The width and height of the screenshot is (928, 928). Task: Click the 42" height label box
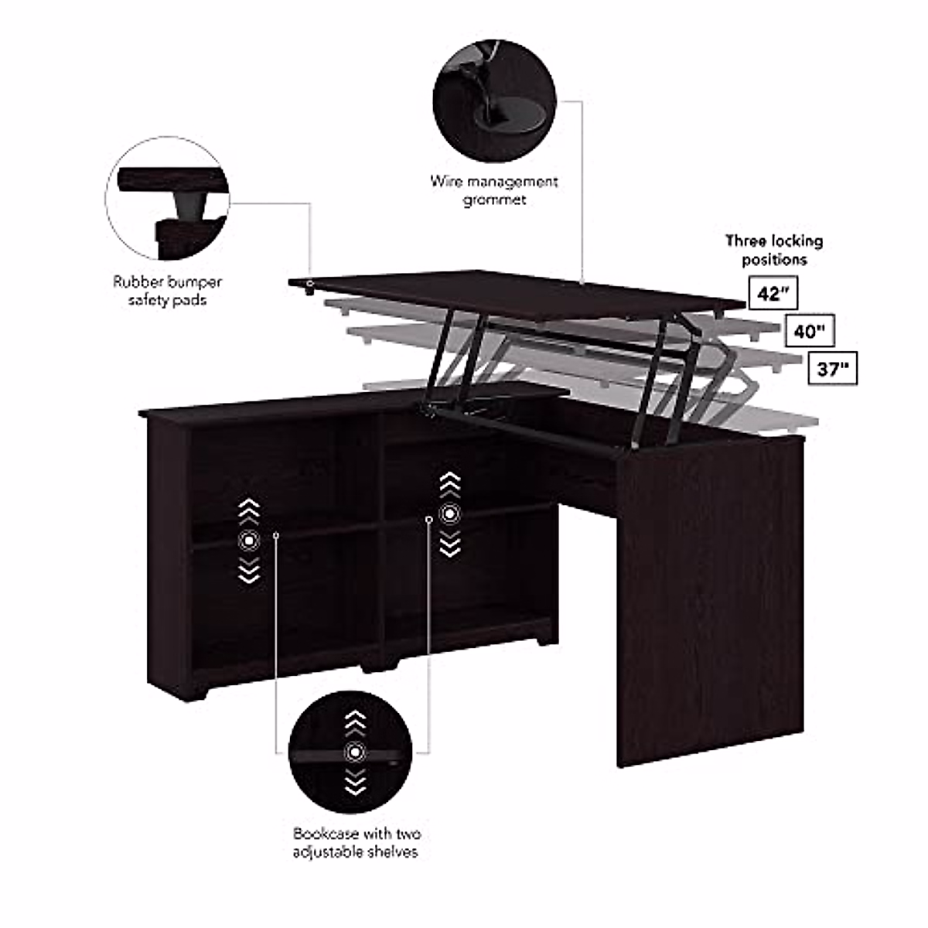[x=769, y=295]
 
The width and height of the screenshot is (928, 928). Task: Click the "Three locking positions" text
[x=774, y=250]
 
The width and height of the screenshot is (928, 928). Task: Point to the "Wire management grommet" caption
[x=494, y=190]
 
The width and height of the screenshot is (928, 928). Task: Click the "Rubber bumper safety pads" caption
[x=167, y=291]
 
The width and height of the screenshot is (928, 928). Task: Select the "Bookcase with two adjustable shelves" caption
[x=356, y=842]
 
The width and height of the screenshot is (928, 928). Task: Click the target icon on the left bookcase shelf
[x=248, y=539]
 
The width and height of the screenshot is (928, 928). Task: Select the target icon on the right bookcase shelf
[x=449, y=513]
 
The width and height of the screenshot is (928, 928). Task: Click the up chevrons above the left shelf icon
[x=248, y=510]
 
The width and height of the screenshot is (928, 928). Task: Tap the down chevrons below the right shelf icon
[x=449, y=545]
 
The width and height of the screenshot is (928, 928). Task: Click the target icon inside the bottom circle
[x=355, y=750]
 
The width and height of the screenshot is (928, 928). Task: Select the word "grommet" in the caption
[x=494, y=200]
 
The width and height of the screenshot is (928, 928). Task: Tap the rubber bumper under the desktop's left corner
[x=309, y=292]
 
